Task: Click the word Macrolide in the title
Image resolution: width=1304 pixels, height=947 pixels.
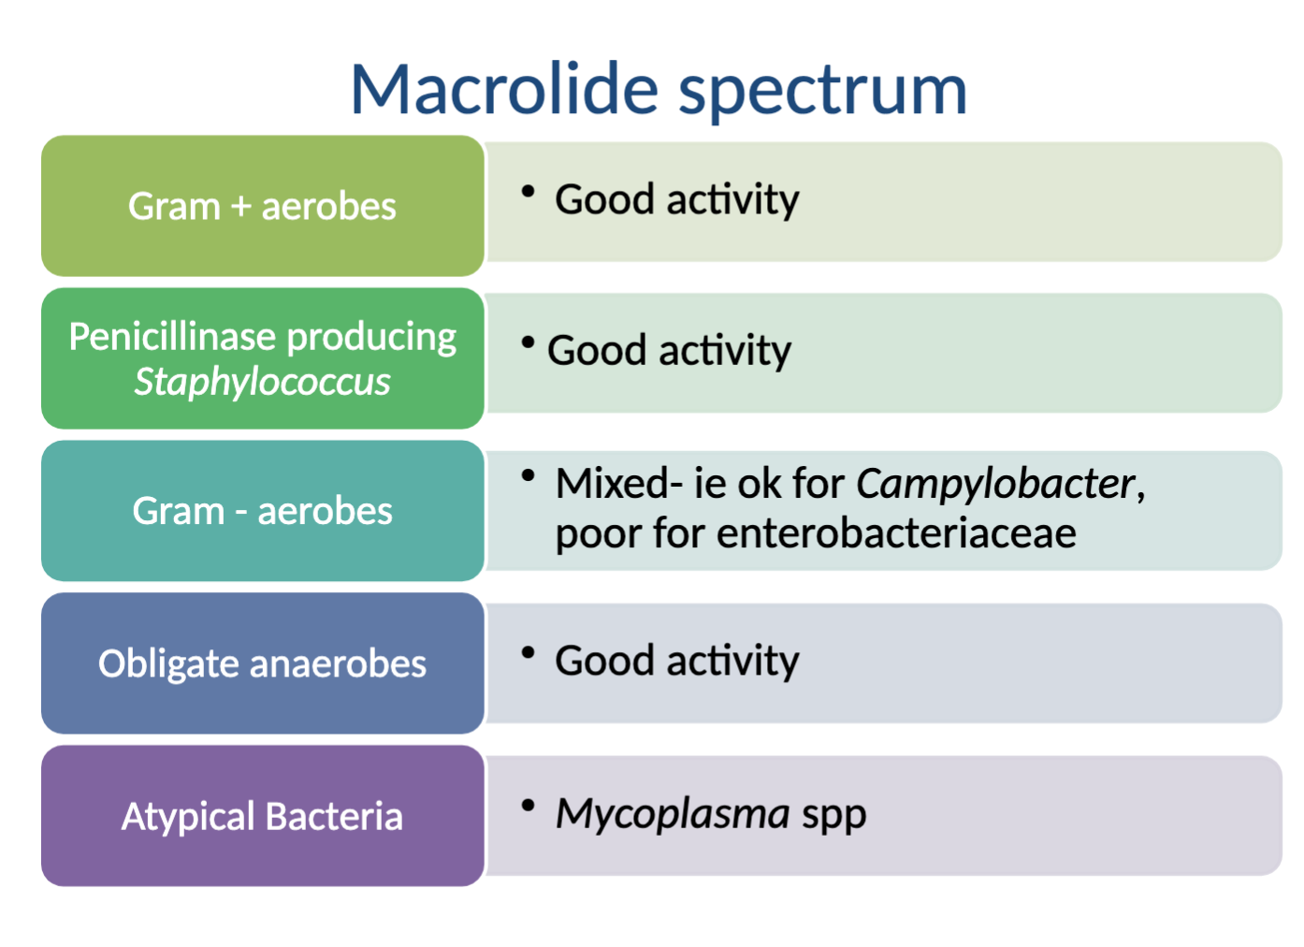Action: pyautogui.click(x=504, y=90)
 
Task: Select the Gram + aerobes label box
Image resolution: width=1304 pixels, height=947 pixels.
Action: pyautogui.click(x=262, y=206)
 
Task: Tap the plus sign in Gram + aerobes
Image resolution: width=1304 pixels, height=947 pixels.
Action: pyautogui.click(x=240, y=207)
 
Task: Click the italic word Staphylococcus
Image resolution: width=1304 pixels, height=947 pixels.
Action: pyautogui.click(x=262, y=382)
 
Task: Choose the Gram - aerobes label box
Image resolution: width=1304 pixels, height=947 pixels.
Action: pyautogui.click(x=262, y=511)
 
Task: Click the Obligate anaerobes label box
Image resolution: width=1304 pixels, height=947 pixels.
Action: pyautogui.click(x=262, y=663)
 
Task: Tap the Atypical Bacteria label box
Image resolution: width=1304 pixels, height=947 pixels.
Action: pyautogui.click(x=262, y=816)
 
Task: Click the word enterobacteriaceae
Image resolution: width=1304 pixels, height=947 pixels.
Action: pyautogui.click(x=896, y=533)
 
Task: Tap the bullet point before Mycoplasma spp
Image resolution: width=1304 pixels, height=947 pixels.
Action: pyautogui.click(x=529, y=805)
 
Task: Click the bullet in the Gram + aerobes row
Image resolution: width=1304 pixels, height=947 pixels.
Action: pyautogui.click(x=529, y=192)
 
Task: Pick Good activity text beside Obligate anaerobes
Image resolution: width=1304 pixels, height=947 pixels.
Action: pyautogui.click(x=676, y=661)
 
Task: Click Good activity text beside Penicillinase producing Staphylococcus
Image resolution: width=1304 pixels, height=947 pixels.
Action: pyautogui.click(x=669, y=351)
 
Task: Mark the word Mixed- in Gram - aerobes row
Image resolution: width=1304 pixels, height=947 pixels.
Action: pyautogui.click(x=618, y=484)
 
